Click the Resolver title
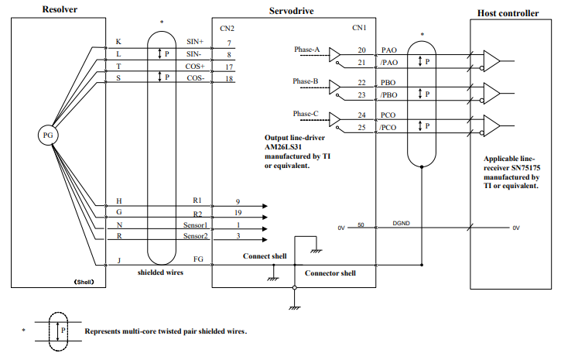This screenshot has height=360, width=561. click(x=60, y=9)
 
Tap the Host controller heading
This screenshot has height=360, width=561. click(x=508, y=13)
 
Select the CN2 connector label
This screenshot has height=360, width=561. click(x=227, y=29)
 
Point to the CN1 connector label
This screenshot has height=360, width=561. click(x=359, y=28)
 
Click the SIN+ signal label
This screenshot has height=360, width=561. click(x=195, y=42)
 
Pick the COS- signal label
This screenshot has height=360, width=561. click(x=195, y=78)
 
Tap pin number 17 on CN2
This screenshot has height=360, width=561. click(x=229, y=67)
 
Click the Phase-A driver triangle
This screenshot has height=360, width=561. click(x=335, y=55)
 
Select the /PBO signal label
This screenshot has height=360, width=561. click(x=389, y=94)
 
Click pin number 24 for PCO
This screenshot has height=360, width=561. click(x=361, y=115)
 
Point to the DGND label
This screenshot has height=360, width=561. click(x=401, y=223)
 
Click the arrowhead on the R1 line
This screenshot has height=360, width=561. click(x=265, y=206)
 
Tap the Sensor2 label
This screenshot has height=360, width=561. click(x=195, y=236)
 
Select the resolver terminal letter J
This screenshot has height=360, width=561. click(x=119, y=260)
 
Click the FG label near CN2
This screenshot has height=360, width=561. click(x=198, y=259)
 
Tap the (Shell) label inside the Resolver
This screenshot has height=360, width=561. click(x=84, y=282)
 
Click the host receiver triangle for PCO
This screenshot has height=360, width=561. click(x=491, y=125)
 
